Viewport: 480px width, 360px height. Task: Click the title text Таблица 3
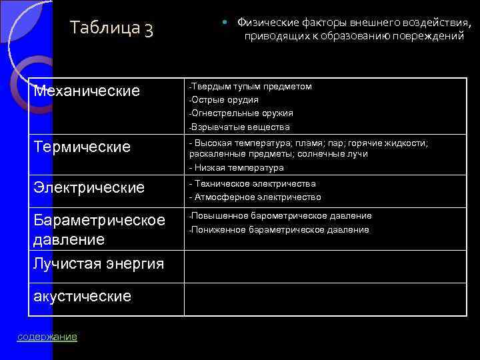[111, 29]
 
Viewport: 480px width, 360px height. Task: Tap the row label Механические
[87, 90]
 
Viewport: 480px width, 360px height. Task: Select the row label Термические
[83, 147]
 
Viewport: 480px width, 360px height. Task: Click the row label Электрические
[89, 188]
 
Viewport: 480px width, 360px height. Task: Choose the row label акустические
[82, 295]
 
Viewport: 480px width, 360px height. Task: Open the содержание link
[47, 337]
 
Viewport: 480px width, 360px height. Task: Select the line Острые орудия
[225, 100]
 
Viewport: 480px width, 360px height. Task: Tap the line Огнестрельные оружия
[243, 113]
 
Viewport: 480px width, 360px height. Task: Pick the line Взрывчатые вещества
[241, 127]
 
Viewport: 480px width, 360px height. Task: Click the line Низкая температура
[238, 168]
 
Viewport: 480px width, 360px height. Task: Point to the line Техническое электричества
[254, 183]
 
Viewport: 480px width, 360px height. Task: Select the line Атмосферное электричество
[257, 197]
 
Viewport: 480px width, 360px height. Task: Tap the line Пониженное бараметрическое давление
[280, 230]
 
